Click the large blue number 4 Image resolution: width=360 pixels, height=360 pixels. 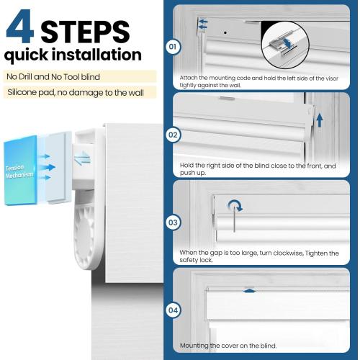(19, 27)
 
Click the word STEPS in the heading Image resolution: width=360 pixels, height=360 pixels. (85, 32)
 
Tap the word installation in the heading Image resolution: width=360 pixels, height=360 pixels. (96, 54)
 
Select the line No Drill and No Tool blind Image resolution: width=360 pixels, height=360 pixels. (53, 77)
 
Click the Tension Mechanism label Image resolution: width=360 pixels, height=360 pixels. (19, 171)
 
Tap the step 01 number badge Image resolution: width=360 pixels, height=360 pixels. (173, 46)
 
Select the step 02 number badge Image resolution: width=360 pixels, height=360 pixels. (173, 135)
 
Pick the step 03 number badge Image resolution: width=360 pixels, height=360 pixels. (173, 222)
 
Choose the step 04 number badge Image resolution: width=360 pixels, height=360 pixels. (173, 310)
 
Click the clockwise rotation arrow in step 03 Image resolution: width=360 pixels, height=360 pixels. (235, 205)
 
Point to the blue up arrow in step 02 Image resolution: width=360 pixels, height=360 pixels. (320, 120)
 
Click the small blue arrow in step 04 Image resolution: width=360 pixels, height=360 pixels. (250, 291)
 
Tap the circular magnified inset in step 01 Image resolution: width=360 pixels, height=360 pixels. (285, 45)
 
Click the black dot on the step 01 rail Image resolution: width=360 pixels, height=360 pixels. (225, 32)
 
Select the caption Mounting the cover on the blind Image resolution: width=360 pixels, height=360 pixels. (228, 346)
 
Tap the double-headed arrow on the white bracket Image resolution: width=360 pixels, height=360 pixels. (82, 158)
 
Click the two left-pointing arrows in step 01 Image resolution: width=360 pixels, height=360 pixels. (203, 24)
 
